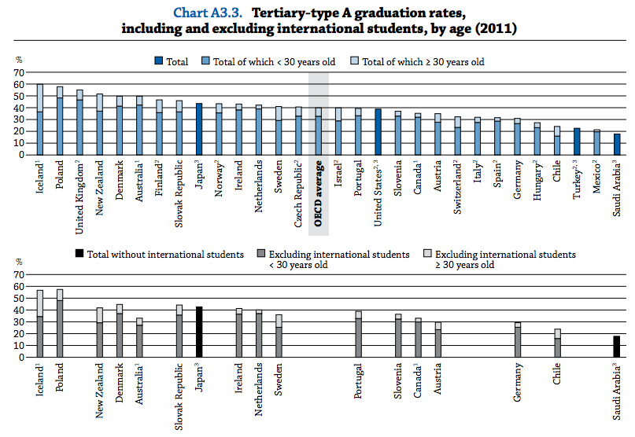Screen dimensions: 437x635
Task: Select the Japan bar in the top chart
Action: (199, 129)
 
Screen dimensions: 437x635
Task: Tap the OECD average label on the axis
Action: (319, 193)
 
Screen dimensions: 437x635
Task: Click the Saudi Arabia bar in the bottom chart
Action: (617, 347)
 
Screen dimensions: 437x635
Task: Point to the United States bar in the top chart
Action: (378, 131)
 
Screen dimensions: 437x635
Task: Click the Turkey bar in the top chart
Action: (577, 141)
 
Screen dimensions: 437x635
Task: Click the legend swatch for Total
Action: (158, 61)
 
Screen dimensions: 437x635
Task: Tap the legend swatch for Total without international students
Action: (79, 255)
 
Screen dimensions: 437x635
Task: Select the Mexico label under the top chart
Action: (596, 181)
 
